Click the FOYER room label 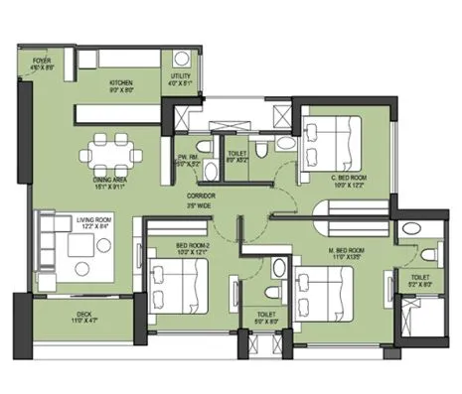click(41, 61)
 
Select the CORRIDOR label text click(202, 197)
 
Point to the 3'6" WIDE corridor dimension click(202, 206)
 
